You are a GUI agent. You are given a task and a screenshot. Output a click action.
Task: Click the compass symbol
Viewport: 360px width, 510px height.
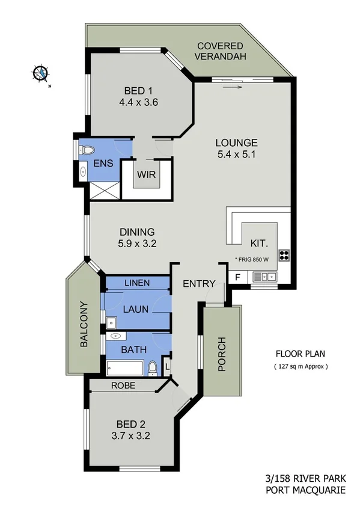(40, 73)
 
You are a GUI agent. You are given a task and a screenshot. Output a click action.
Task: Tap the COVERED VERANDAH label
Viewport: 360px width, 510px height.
(220, 51)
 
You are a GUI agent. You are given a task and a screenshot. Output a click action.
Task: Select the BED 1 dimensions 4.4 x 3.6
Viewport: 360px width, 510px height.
(138, 102)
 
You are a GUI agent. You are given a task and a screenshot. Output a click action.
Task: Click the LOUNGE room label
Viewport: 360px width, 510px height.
(237, 143)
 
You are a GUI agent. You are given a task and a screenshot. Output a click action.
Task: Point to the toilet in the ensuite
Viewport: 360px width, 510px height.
(87, 150)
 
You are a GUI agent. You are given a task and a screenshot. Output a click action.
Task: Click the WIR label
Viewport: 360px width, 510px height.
(147, 175)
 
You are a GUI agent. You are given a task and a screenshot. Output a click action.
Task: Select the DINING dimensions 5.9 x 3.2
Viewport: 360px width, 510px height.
(137, 243)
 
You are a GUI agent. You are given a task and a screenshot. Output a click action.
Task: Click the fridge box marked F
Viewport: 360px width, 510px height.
(237, 277)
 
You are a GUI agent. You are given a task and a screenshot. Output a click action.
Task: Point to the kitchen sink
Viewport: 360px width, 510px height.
(264, 277)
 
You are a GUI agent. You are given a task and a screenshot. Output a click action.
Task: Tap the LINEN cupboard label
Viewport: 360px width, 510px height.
(137, 283)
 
